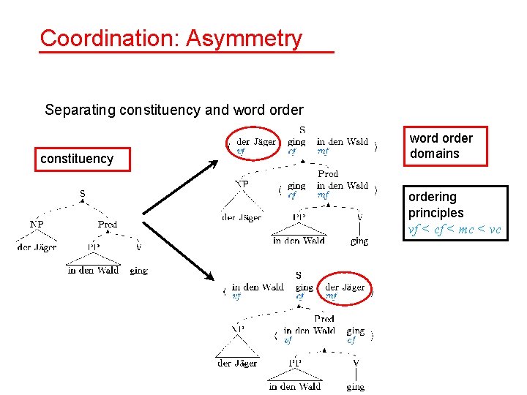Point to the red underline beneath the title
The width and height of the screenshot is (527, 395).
pos(187,53)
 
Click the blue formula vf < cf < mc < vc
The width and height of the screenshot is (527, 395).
pos(455,230)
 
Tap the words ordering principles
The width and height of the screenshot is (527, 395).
pos(436,205)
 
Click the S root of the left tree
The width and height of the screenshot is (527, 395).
pos(82,194)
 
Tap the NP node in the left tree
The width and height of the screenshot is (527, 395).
pos(36,225)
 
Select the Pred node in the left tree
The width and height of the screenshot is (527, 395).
pos(108,225)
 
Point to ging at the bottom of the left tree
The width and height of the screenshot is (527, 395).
pos(138,271)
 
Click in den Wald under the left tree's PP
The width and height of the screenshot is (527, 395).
pos(93,271)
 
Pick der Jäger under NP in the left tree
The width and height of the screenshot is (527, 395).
pos(37,247)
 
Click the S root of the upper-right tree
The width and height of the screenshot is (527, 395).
pos(302,130)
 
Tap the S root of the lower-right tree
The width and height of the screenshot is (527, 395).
pos(298,276)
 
